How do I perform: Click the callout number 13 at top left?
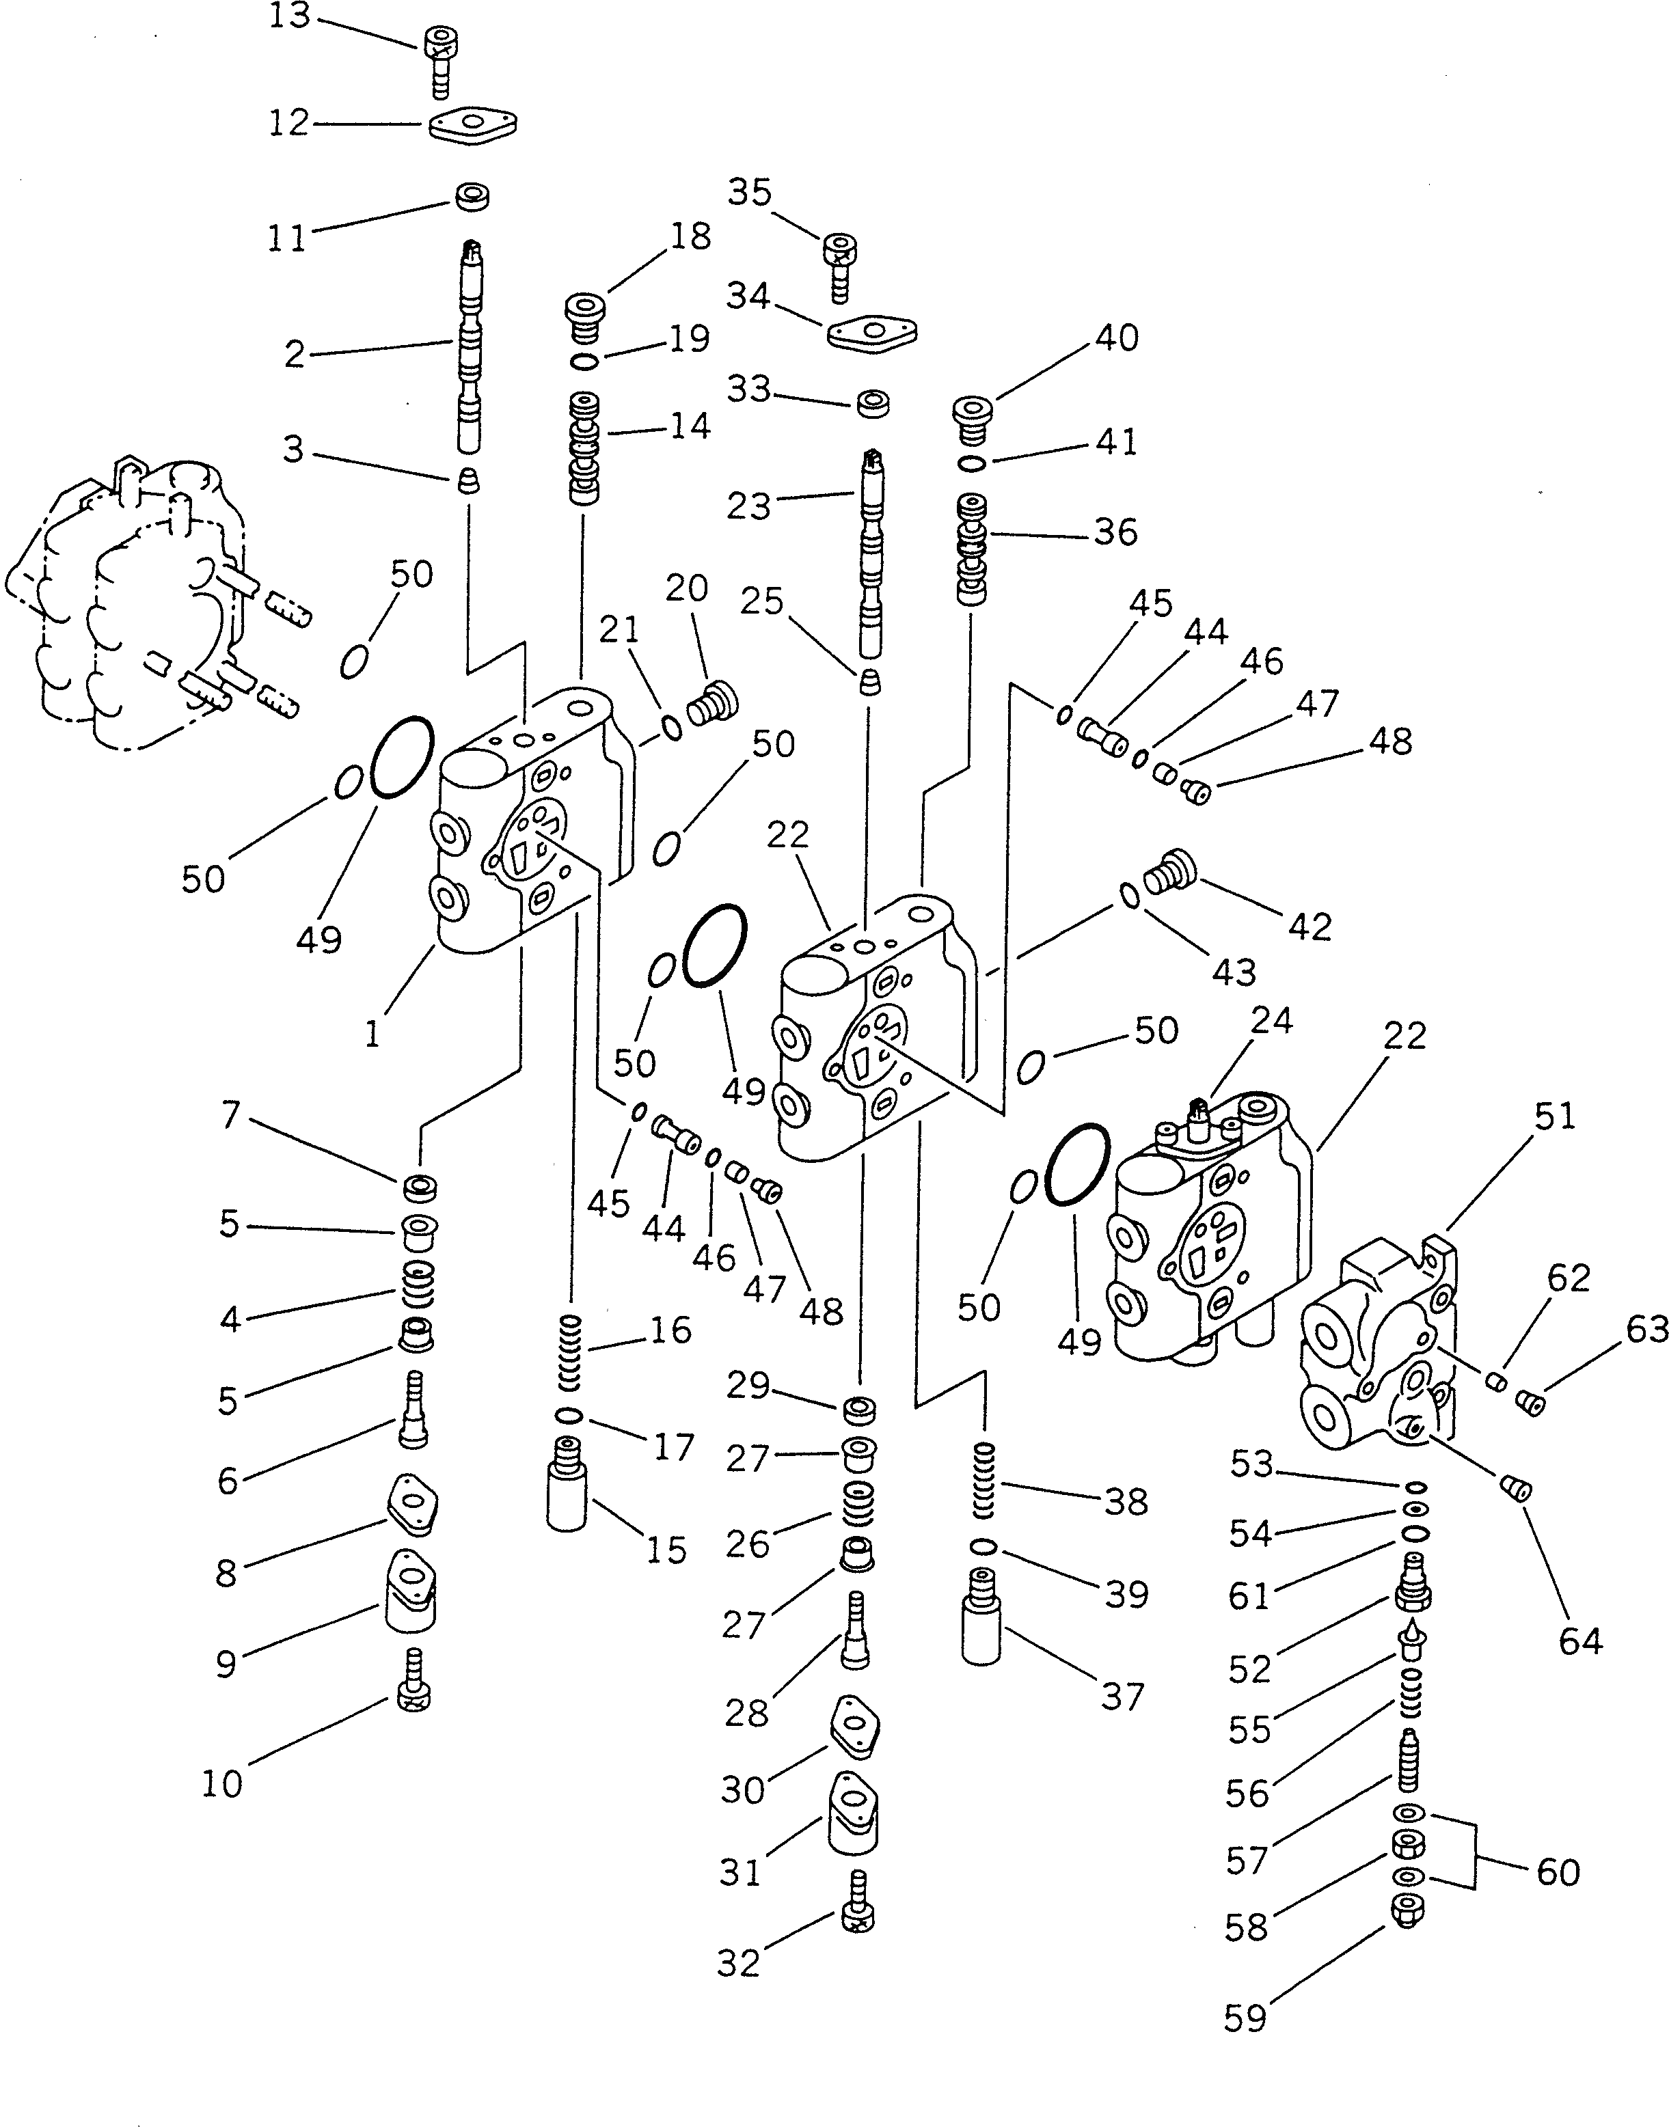(x=289, y=16)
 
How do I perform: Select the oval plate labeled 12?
(x=473, y=125)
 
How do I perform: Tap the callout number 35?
(x=750, y=193)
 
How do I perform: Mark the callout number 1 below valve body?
(x=372, y=1034)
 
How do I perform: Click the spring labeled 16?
(x=569, y=1352)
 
